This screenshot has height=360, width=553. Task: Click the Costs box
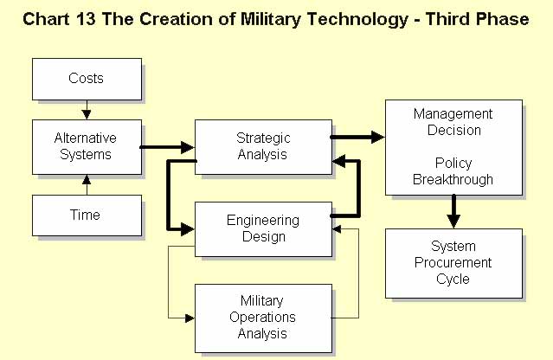87,79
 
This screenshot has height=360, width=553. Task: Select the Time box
87,215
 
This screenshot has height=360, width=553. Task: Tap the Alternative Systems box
87,147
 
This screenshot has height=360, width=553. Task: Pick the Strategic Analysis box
263,147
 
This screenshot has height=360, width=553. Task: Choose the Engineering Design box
263,229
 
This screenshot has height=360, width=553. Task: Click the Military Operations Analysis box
263,318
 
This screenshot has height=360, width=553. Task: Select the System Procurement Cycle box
453,263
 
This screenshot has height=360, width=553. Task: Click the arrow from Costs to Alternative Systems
87,110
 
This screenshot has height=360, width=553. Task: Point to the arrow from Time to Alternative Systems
87,185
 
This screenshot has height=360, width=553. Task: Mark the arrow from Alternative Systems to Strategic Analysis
168,147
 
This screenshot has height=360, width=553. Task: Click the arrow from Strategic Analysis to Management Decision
357,137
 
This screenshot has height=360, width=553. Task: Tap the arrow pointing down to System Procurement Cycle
453,211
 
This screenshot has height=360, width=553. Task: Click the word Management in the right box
453,114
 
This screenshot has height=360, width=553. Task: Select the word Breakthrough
453,179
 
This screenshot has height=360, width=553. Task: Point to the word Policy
453,164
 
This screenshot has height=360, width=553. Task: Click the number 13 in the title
85,19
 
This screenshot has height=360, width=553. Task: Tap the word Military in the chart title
271,19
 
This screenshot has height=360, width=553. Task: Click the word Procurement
453,263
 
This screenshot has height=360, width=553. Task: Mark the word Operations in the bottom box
262,318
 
